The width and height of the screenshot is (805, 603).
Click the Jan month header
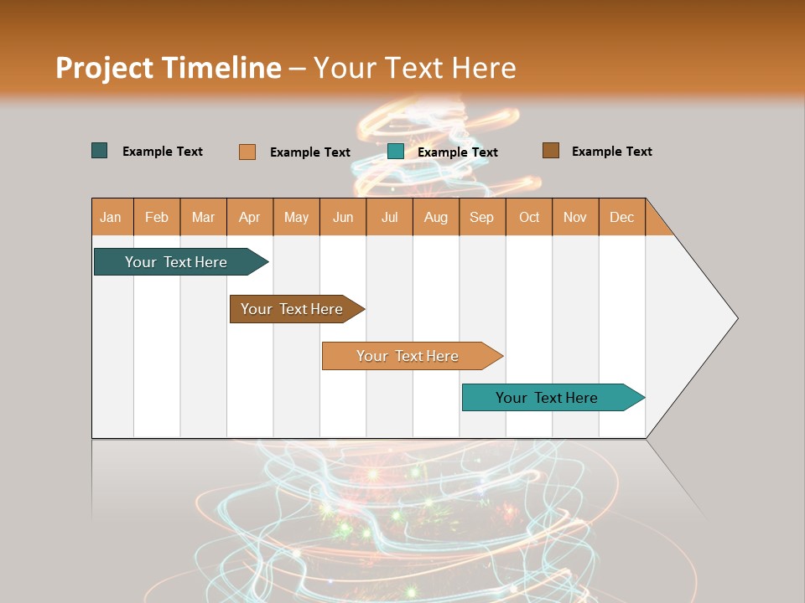[x=112, y=218]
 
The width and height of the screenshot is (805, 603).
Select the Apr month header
[x=250, y=218]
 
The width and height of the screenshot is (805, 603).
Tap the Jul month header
[x=389, y=218]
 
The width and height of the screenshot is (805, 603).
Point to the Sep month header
[x=481, y=218]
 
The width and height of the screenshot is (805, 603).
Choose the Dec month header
[x=621, y=218]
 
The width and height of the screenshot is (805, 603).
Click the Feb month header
[x=157, y=218]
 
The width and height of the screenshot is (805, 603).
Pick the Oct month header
[x=529, y=218]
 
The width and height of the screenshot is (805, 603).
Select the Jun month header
[x=343, y=218]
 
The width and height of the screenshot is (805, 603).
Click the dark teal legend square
[x=100, y=151]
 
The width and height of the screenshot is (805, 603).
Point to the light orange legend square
[x=247, y=152]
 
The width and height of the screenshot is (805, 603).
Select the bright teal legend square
[x=396, y=152]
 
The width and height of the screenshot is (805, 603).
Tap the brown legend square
[x=550, y=151]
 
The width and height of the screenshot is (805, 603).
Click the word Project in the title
[x=104, y=68]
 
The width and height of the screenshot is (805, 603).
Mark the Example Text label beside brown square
[x=611, y=152]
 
